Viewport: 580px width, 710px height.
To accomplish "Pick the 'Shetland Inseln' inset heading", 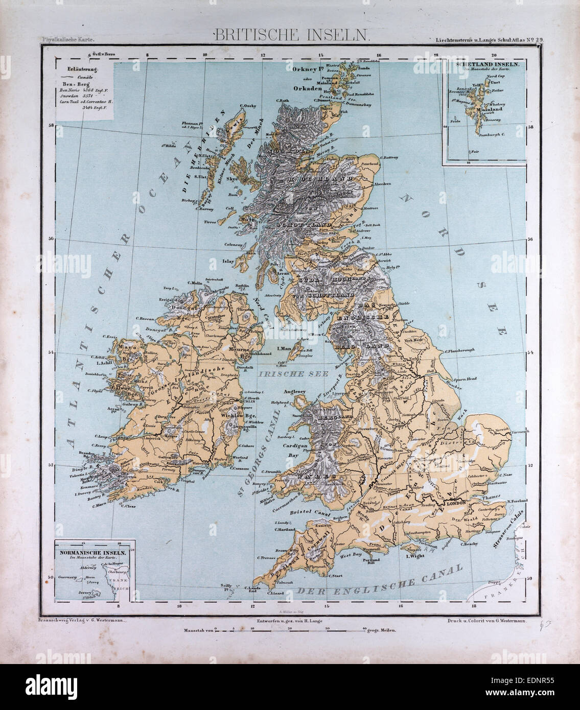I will click(x=484, y=65).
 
